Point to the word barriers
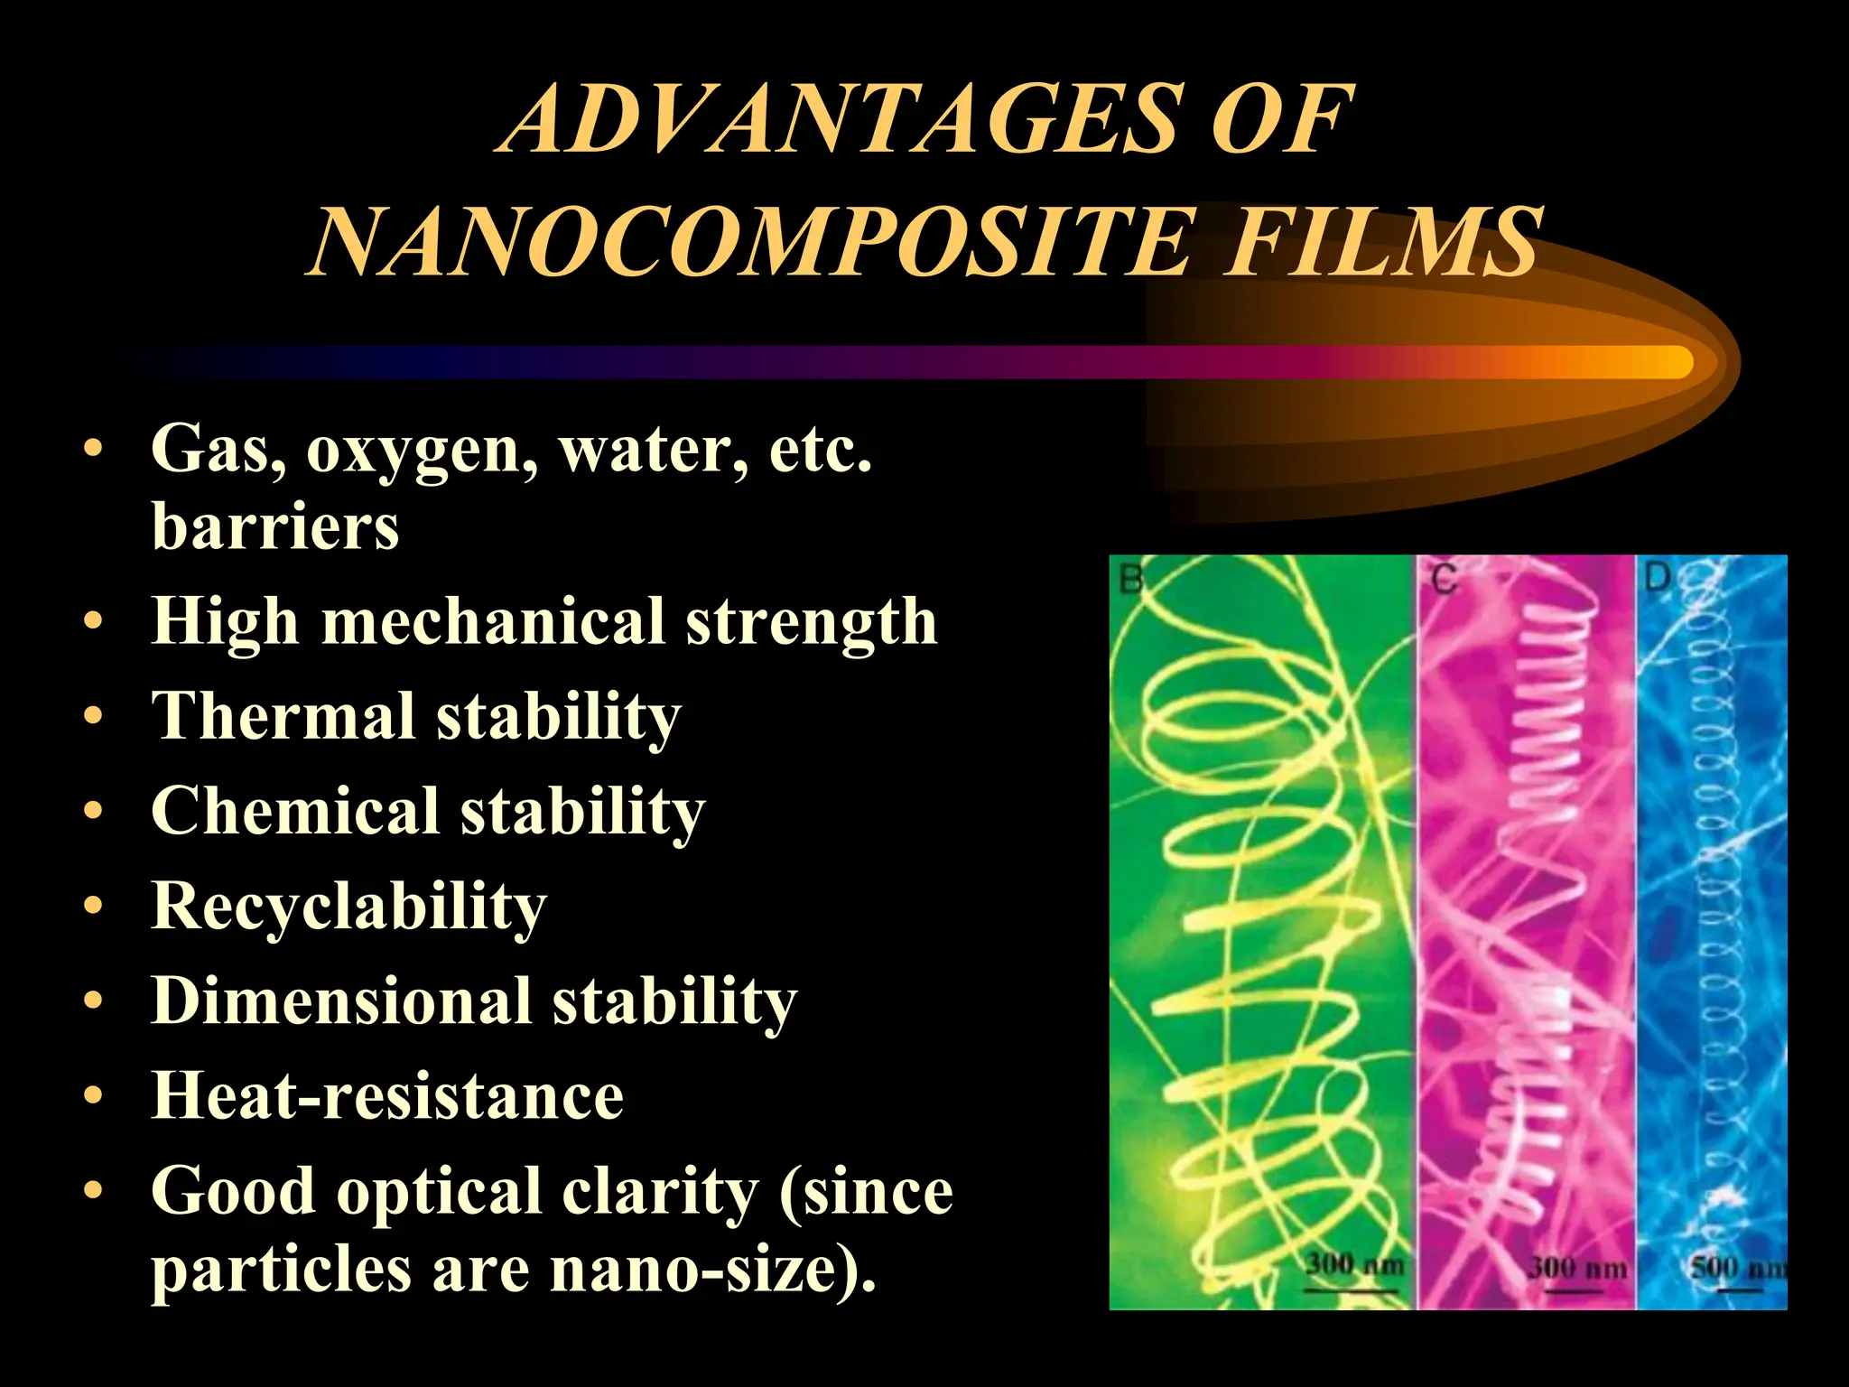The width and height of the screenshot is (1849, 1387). tap(275, 526)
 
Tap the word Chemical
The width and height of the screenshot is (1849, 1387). tap(294, 810)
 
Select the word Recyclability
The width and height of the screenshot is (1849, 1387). tap(348, 907)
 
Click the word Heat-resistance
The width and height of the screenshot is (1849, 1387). tap(387, 1095)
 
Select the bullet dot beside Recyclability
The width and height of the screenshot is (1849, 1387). tap(93, 906)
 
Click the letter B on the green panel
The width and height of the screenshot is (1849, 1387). tap(1131, 578)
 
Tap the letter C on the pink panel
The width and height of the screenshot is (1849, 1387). tap(1445, 578)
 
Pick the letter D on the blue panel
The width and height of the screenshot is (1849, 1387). tap(1657, 576)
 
